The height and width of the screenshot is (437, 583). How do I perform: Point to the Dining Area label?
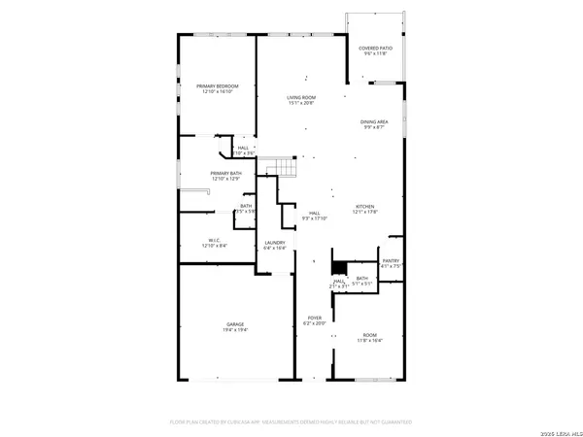pyautogui.click(x=375, y=121)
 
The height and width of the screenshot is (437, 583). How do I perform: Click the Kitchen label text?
pyautogui.click(x=364, y=206)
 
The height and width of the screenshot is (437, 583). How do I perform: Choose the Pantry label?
pyautogui.click(x=391, y=260)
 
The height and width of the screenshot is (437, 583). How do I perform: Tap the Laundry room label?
pyautogui.click(x=275, y=243)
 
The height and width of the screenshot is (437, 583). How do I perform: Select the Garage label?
pyautogui.click(x=235, y=324)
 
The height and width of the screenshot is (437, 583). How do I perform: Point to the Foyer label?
pyautogui.click(x=315, y=318)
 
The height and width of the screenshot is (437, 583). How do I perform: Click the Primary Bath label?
pyautogui.click(x=224, y=173)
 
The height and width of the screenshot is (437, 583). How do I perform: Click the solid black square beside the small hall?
pyautogui.click(x=339, y=268)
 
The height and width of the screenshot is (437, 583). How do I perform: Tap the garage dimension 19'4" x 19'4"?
pyautogui.click(x=235, y=330)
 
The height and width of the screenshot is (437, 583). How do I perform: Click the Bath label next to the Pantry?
pyautogui.click(x=361, y=280)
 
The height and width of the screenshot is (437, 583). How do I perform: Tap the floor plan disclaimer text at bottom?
pyautogui.click(x=291, y=422)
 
